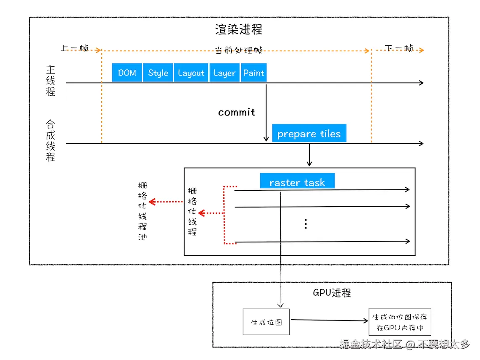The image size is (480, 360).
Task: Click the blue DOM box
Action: [x=127, y=73]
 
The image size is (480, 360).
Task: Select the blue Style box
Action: [x=158, y=73]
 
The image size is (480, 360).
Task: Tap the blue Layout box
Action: [x=191, y=73]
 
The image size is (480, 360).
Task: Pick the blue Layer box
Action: [x=224, y=73]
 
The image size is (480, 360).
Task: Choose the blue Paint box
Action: [x=254, y=73]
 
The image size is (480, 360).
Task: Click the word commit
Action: [x=237, y=112]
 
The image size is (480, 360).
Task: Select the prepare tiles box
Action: [x=309, y=134]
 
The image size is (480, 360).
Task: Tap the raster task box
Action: [x=297, y=182]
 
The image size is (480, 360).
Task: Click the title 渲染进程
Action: [x=239, y=29]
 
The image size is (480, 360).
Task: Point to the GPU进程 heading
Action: [x=332, y=293]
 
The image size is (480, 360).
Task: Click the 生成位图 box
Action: [x=266, y=323]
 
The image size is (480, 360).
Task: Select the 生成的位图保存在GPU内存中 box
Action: [x=400, y=323]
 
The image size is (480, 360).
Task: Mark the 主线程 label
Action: [x=50, y=80]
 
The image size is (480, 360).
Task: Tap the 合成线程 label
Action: [x=50, y=141]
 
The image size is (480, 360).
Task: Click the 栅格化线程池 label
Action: [x=142, y=211]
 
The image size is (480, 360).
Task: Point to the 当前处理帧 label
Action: [x=239, y=50]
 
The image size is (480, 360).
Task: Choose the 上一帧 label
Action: [x=74, y=48]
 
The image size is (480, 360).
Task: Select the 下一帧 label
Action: [x=399, y=48]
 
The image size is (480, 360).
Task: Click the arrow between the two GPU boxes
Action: [x=329, y=321]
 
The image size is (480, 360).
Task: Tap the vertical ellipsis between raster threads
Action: [x=306, y=224]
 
